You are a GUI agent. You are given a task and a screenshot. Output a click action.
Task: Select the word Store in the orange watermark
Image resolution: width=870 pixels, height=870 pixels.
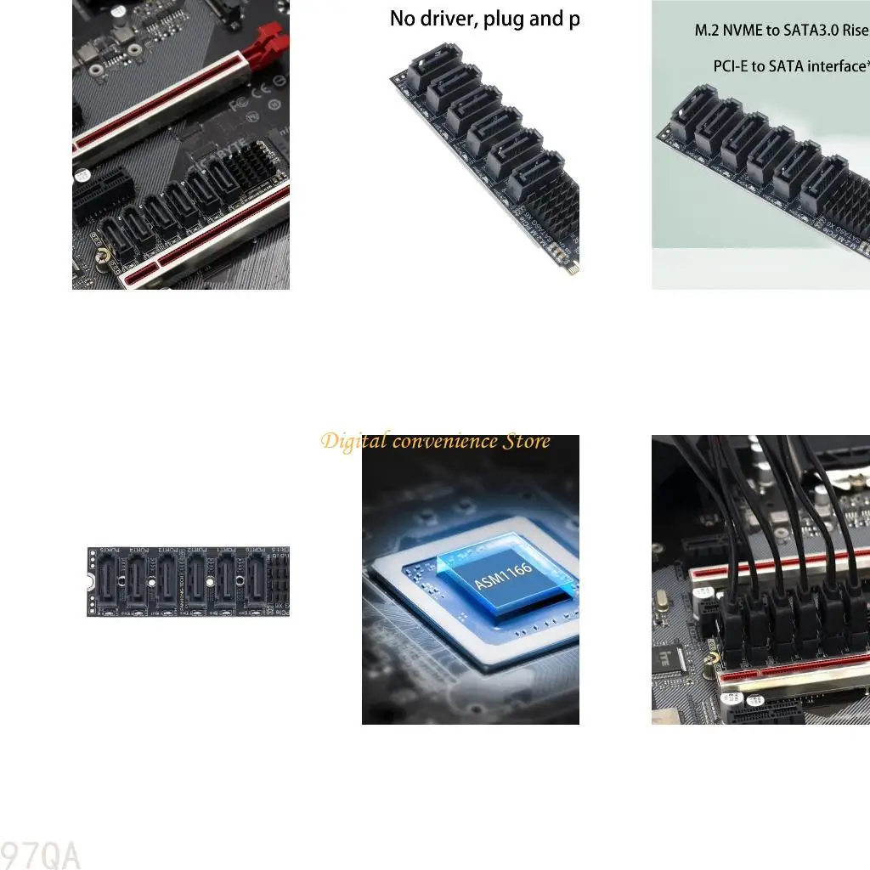[527, 442]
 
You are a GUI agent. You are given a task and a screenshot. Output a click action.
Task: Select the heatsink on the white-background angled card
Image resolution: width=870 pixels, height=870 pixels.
[557, 211]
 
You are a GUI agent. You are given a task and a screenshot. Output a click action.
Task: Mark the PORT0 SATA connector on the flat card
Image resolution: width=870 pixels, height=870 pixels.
[257, 582]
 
